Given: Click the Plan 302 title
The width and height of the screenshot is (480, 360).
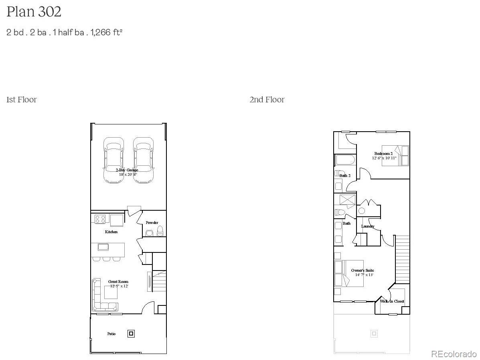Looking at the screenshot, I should [34, 12].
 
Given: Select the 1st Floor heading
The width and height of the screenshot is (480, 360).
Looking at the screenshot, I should [22, 100].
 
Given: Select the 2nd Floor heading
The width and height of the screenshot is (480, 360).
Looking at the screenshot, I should [267, 100].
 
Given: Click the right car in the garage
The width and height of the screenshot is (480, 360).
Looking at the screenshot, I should [144, 160].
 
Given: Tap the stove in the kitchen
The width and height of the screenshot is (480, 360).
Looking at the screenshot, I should [100, 219].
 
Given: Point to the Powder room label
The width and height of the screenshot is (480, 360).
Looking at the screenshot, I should [152, 222].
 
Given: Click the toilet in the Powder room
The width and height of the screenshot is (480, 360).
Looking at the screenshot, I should [160, 232].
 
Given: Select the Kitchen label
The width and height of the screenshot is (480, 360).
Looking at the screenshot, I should [111, 232].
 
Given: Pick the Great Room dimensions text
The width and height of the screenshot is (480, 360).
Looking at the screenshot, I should [119, 286].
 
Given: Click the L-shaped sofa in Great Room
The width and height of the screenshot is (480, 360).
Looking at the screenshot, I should [100, 297].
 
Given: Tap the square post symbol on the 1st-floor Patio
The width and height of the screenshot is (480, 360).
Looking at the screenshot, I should [131, 333].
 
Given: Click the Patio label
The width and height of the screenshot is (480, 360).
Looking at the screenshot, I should [111, 334].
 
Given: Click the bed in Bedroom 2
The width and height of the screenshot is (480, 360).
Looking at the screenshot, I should [395, 155].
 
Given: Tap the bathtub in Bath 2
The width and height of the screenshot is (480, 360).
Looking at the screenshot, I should [345, 161].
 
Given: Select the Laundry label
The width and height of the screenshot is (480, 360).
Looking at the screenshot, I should [368, 226].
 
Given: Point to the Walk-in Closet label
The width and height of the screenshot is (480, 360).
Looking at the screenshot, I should [392, 301].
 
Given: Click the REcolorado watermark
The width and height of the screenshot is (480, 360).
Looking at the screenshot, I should [454, 354].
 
